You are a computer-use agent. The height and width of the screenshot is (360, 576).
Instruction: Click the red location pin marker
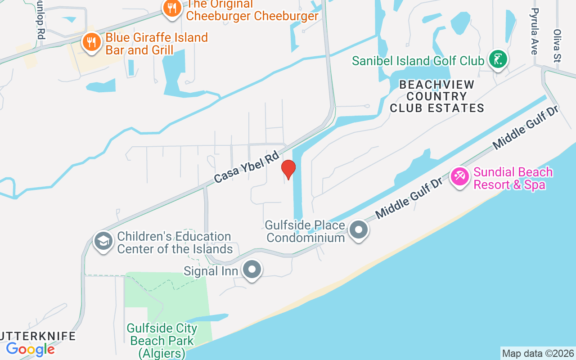[288, 169]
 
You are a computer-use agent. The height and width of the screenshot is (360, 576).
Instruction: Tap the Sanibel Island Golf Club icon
[498, 59]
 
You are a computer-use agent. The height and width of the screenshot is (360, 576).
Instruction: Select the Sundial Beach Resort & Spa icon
[459, 176]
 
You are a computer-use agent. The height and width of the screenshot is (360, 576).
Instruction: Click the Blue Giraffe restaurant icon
[92, 43]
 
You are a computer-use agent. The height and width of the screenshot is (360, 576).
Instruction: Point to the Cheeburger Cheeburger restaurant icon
[172, 8]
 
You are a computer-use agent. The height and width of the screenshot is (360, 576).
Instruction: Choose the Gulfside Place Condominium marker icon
[359, 230]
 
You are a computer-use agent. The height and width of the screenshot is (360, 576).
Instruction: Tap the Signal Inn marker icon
[252, 270]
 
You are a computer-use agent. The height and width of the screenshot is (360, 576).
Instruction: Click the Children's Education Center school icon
[103, 242]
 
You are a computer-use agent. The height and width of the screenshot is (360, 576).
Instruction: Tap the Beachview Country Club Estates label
[436, 96]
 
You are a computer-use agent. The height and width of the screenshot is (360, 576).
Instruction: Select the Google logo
[31, 349]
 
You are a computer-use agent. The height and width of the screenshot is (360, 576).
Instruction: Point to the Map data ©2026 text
[538, 353]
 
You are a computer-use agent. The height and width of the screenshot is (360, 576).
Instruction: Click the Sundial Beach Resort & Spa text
[513, 178]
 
